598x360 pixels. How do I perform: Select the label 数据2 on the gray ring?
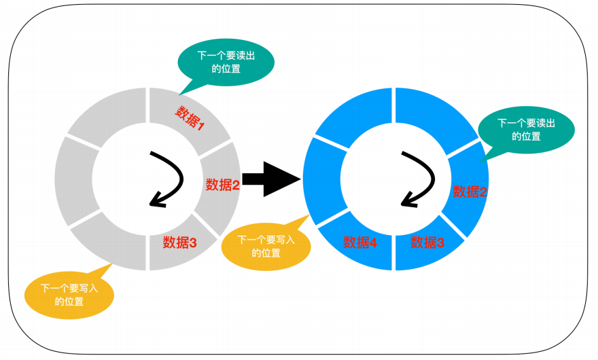[222, 184]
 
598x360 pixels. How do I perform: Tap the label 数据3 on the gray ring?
[180, 242]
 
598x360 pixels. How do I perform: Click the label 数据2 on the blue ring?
[470, 192]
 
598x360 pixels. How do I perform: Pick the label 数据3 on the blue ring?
[427, 242]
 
